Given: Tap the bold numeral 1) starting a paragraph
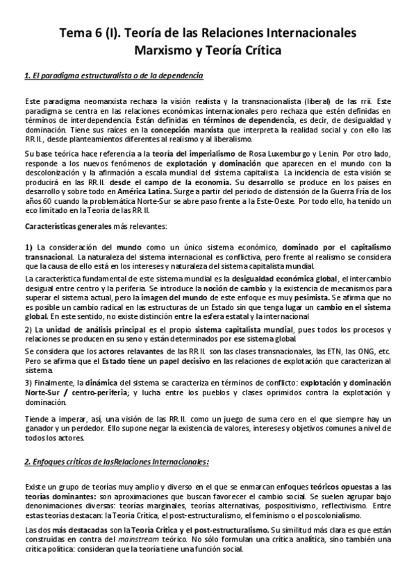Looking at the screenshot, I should (x=29, y=248).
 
